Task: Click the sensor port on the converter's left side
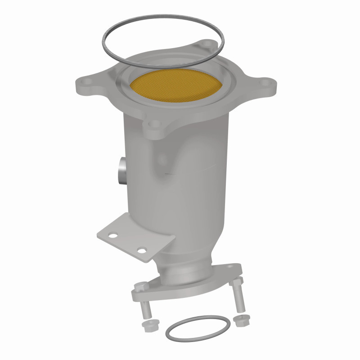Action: tap(121, 171)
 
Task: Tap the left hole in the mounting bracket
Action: tap(113, 235)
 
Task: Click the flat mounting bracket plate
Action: tap(135, 234)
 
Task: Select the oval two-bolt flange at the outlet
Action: tap(189, 288)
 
